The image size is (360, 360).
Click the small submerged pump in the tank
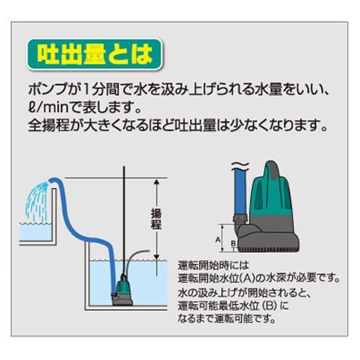pos(121,291)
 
